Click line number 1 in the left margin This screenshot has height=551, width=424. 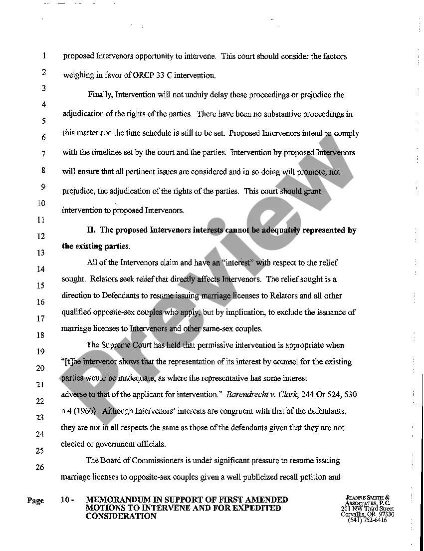(x=44, y=55)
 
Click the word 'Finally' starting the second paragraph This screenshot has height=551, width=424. (x=101, y=95)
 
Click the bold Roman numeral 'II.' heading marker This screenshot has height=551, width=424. (x=91, y=230)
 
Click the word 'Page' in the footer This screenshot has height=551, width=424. (x=36, y=501)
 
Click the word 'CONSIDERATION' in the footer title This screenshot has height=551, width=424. (x=121, y=517)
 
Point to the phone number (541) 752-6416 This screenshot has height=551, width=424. (x=367, y=520)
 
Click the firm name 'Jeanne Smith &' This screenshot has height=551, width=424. (x=368, y=498)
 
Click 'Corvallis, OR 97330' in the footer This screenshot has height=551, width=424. (x=368, y=514)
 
